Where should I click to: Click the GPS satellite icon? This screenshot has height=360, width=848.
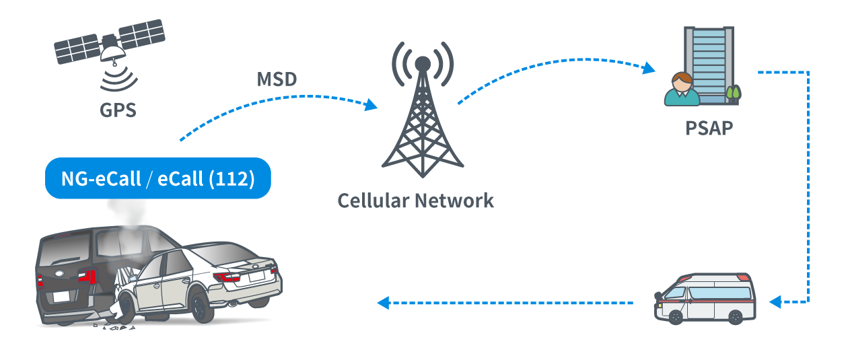point(110,46)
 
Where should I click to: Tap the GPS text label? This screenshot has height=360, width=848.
point(117,109)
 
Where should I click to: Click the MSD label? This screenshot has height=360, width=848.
point(277,79)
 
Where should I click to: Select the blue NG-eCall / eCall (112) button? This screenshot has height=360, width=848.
point(157,178)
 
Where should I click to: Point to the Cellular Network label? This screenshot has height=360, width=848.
point(415,200)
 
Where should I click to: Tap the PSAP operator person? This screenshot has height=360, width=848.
point(682,89)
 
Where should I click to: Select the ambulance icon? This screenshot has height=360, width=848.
point(705,300)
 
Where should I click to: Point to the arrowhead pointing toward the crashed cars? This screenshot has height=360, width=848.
point(384,303)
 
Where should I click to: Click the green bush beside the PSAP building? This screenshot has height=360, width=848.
point(733,94)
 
